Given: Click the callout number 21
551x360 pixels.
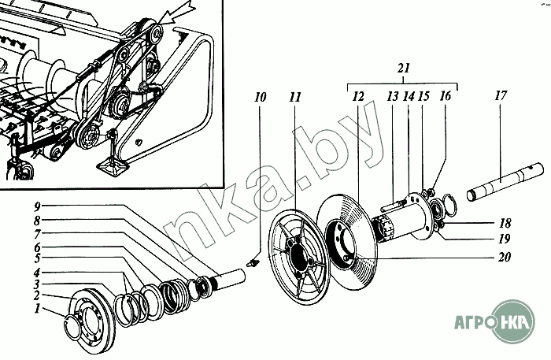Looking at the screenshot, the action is pos(403,69).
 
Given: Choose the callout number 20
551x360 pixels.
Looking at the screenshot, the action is pos(504,256).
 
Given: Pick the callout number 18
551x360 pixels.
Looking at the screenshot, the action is pos(504,223).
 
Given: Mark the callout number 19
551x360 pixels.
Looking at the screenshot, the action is pos(504,238).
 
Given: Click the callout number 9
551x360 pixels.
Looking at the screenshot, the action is pos(36,207).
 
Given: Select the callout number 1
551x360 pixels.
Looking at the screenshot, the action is pos(36,310).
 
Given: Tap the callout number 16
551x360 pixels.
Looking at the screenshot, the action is pos(446,97).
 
